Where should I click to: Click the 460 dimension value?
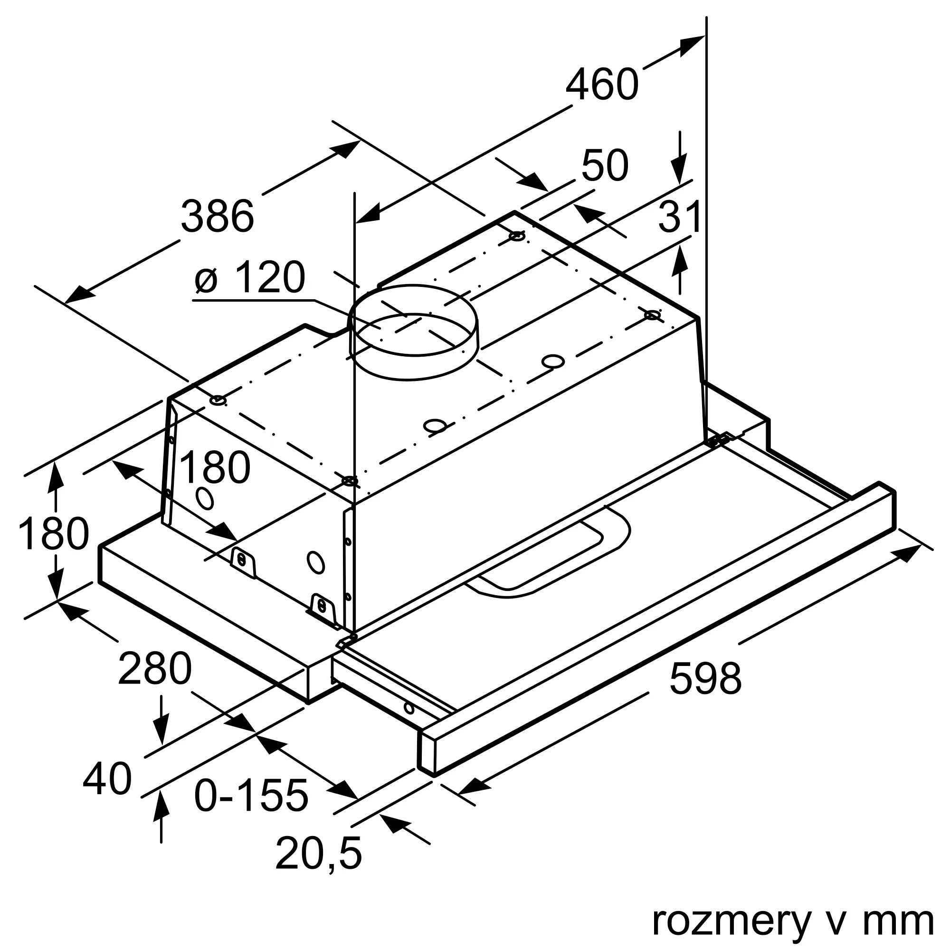click(x=602, y=85)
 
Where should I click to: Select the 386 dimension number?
click(x=218, y=216)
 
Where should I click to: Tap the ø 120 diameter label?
click(x=250, y=278)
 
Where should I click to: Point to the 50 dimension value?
click(x=604, y=166)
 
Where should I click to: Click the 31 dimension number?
click(x=680, y=217)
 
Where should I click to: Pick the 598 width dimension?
click(x=705, y=679)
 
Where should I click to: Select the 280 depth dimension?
click(x=154, y=668)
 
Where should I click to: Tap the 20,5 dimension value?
click(x=318, y=853)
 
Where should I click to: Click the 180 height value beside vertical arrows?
click(x=53, y=534)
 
